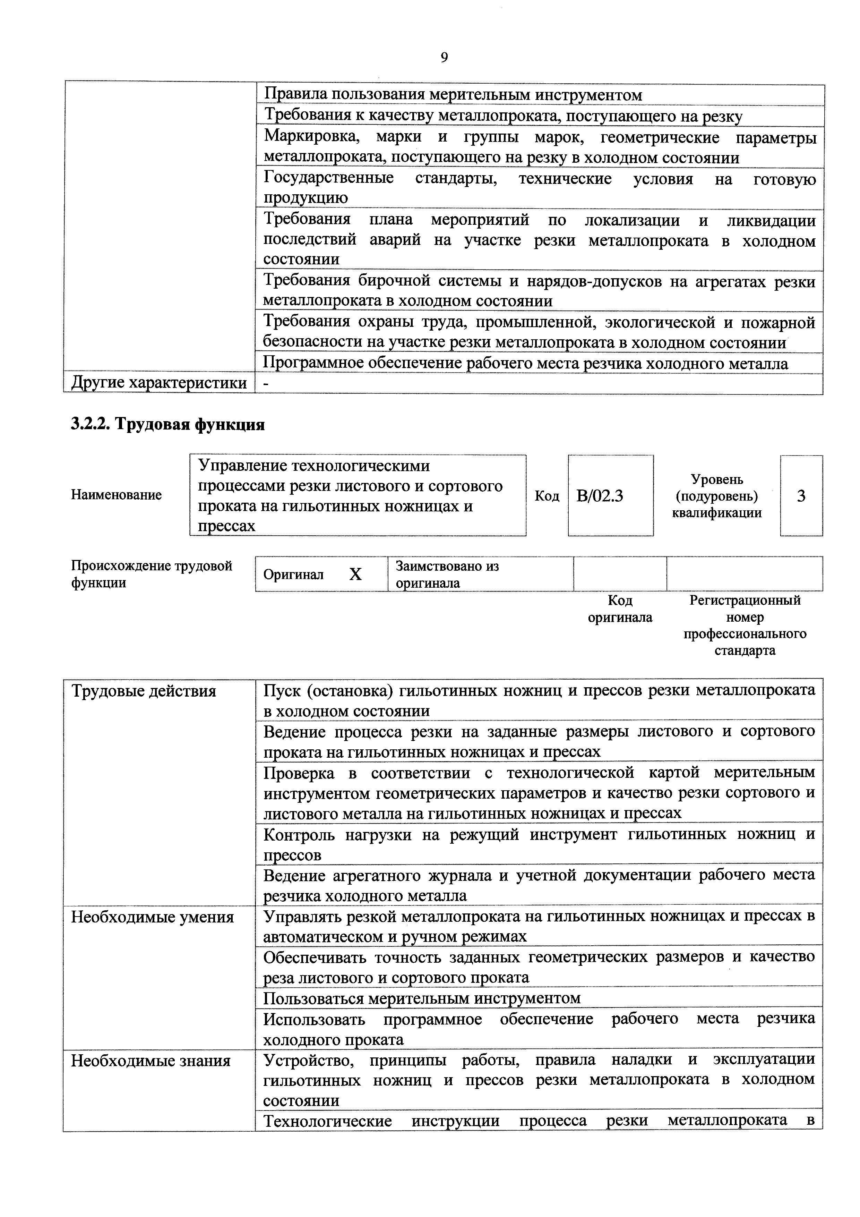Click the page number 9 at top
(x=444, y=57)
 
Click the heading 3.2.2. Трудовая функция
(x=167, y=425)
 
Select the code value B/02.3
(x=600, y=496)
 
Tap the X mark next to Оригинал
(x=355, y=574)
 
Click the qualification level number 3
(x=801, y=496)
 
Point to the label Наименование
(x=116, y=495)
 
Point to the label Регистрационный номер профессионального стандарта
(x=745, y=625)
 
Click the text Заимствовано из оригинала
(x=447, y=574)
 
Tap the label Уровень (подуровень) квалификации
(x=716, y=496)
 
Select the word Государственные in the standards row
(x=328, y=178)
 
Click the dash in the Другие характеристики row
(x=266, y=384)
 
